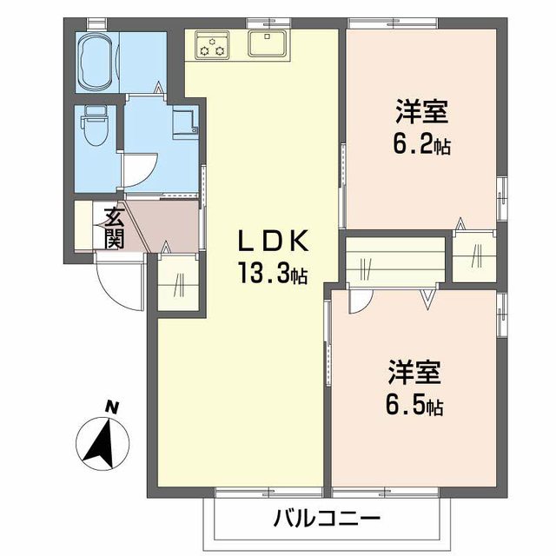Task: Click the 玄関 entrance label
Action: (x=113, y=226)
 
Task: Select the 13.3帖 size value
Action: (x=269, y=275)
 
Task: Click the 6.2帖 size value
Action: (x=424, y=143)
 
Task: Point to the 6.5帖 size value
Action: (x=415, y=406)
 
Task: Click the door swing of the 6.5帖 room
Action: (x=356, y=303)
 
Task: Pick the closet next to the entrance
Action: (x=178, y=280)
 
